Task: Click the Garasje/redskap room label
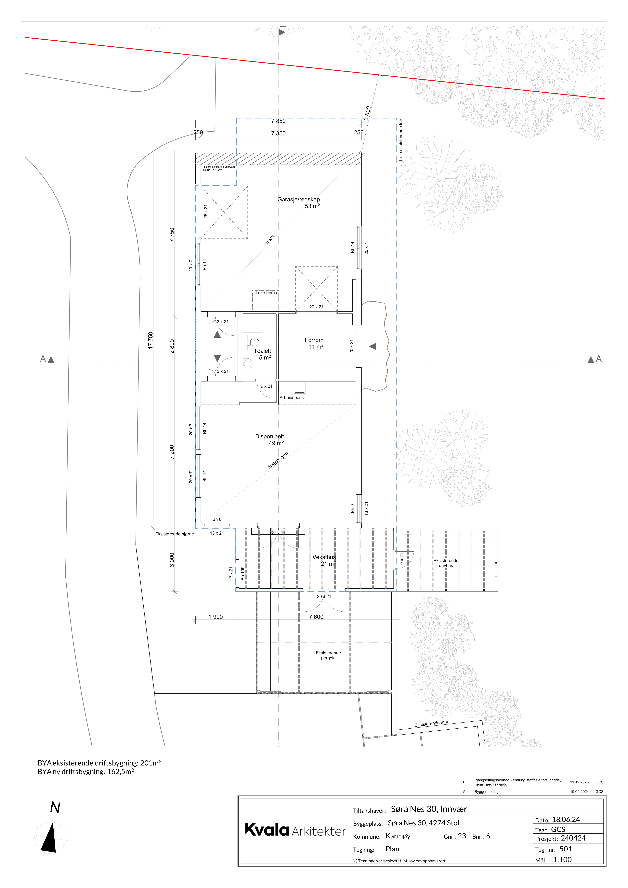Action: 299,200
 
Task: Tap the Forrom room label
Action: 314,340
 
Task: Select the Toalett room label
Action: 263,351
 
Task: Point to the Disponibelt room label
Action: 269,436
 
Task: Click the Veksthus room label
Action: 324,557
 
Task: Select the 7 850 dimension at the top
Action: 278,121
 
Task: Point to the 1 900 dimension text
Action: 215,617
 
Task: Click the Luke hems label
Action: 266,293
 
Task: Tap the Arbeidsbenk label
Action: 292,398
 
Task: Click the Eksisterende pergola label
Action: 328,655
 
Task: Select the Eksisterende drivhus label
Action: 446,563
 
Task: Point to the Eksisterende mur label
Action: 431,723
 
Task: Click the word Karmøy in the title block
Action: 398,836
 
